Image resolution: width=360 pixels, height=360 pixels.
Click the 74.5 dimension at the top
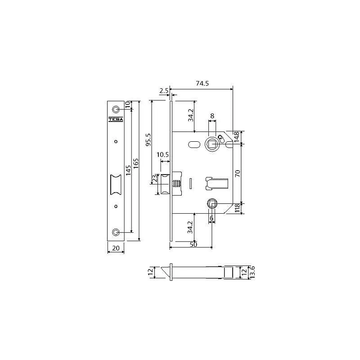(x=202, y=83)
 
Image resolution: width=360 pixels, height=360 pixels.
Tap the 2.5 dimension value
(x=164, y=91)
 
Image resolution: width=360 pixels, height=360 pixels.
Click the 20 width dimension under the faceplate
(x=116, y=248)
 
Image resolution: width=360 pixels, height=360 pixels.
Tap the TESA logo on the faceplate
(x=116, y=119)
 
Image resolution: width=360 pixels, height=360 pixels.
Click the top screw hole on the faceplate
(x=116, y=109)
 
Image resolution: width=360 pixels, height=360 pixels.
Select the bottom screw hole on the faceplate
(x=116, y=232)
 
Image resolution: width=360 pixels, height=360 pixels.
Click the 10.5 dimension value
(x=162, y=155)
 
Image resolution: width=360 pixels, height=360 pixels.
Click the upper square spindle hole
(x=212, y=144)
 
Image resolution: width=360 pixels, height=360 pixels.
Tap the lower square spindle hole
(x=212, y=203)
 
